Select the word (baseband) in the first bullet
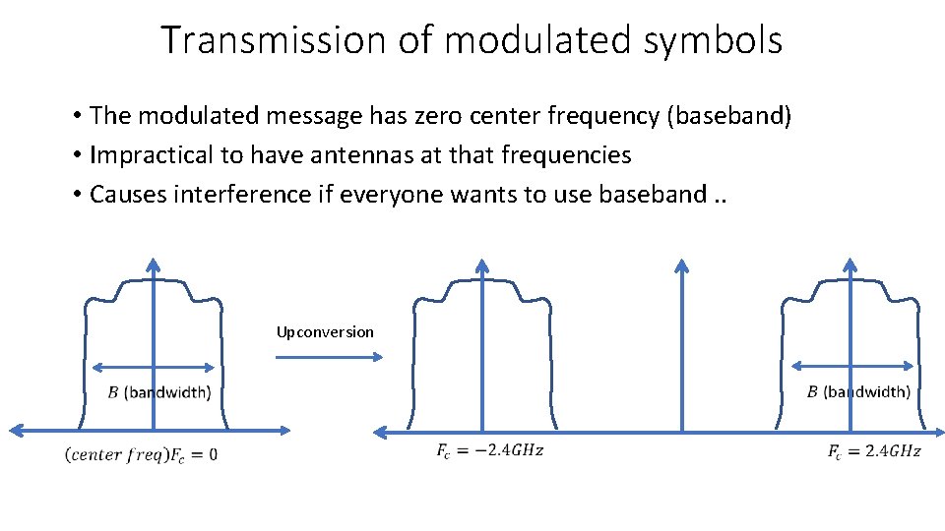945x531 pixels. point(729,116)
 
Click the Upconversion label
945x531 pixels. point(325,332)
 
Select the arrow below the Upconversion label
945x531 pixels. point(329,357)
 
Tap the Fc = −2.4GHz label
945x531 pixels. point(489,451)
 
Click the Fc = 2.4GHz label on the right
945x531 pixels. point(874,451)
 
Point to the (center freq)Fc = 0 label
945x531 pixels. point(141,454)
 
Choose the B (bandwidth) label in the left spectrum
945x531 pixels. point(158,392)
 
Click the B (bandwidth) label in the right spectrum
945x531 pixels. point(858,391)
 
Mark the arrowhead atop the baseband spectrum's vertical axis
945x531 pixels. point(153,264)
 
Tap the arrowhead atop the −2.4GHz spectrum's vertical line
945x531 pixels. point(481,264)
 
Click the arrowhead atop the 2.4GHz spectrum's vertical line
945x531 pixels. point(850,264)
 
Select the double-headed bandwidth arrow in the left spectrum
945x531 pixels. point(153,368)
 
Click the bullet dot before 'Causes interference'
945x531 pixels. point(76,195)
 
